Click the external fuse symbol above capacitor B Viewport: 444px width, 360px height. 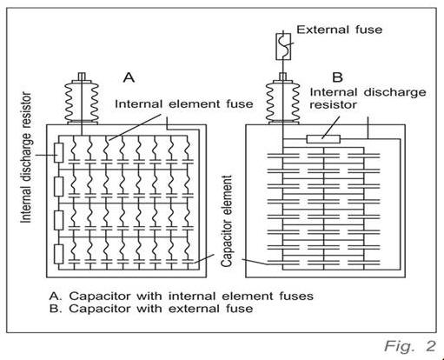tap(283, 47)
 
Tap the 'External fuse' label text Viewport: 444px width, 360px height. tap(339, 30)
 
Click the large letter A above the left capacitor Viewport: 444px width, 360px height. tap(129, 77)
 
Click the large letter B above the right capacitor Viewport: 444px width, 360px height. tap(338, 77)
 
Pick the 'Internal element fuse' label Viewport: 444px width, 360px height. tap(184, 103)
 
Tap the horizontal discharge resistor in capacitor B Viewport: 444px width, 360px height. tap(323, 139)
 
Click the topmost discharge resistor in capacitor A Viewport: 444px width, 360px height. tap(59, 152)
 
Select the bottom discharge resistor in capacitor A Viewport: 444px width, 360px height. tap(59, 254)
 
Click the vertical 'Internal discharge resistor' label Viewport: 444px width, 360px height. tap(26, 157)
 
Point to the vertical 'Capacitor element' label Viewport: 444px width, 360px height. tap(226, 221)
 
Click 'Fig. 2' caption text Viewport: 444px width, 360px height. tap(410, 346)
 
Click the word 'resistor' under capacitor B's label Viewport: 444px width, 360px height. tap(333, 105)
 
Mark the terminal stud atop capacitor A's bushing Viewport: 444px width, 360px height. tap(82, 76)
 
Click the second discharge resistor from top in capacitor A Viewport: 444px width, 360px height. tap(59, 187)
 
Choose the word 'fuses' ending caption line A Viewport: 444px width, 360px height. tap(296, 297)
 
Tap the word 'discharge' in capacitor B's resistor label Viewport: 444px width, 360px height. tap(394, 93)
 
